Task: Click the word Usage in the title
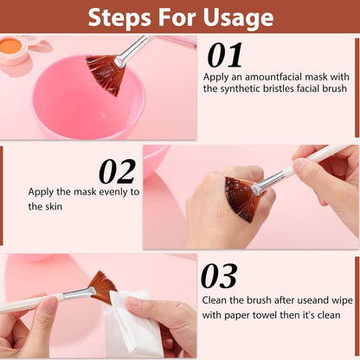[x=238, y=18]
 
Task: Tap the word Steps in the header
[x=119, y=18]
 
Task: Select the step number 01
[x=225, y=55]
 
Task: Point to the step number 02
[x=117, y=172]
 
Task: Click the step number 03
[x=219, y=276]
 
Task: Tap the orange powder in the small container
[x=10, y=47]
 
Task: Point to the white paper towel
[x=132, y=323]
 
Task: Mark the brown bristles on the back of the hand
[x=240, y=199]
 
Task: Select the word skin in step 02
[x=54, y=207]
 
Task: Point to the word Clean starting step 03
[x=215, y=300]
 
